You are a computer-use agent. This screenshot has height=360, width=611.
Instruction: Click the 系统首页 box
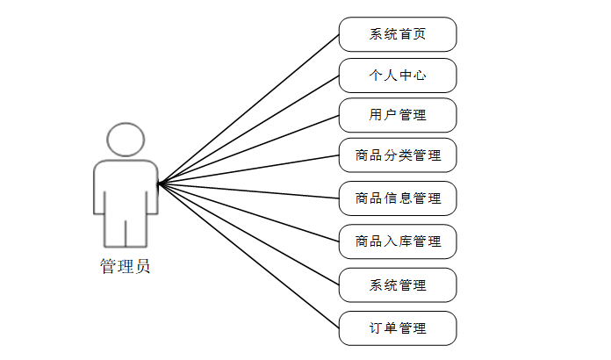point(398,35)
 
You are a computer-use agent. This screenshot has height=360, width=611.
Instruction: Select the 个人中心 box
point(398,76)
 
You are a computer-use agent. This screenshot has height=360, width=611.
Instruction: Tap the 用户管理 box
point(398,115)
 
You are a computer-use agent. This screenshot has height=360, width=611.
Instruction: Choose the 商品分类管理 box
point(398,156)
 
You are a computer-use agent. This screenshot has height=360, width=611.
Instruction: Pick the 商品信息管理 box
point(398,198)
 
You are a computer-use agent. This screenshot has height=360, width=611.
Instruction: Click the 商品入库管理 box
point(398,241)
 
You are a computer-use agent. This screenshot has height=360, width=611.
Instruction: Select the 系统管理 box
point(398,285)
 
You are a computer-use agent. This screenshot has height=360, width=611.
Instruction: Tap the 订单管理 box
point(398,328)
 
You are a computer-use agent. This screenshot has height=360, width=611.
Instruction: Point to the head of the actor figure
point(126,140)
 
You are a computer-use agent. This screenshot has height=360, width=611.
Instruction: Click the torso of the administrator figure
point(126,189)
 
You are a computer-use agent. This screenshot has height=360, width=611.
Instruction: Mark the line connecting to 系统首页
point(248,109)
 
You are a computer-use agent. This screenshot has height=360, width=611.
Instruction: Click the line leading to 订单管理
point(248,256)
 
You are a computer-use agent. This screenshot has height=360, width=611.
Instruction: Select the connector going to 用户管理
point(248,149)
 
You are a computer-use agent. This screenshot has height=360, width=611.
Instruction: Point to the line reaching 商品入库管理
point(248,212)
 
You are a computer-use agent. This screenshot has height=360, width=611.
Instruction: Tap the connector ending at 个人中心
point(248,129)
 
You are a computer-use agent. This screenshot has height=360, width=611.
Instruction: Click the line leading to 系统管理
point(248,234)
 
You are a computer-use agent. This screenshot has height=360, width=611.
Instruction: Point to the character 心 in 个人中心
point(420,76)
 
